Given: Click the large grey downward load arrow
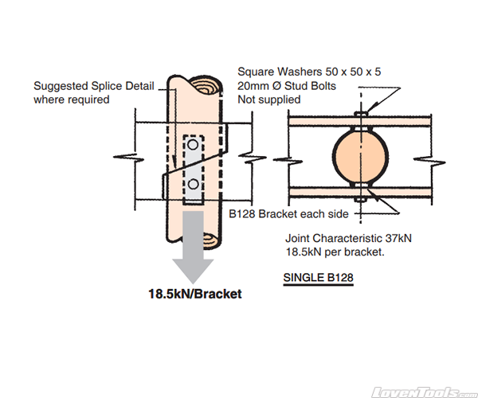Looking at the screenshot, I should tap(193, 253).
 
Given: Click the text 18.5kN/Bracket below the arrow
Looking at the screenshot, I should tap(194, 294).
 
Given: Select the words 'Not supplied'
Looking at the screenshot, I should tap(269, 99).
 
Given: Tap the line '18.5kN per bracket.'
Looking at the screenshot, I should tap(335, 252).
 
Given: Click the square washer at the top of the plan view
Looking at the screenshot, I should tap(360, 114).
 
